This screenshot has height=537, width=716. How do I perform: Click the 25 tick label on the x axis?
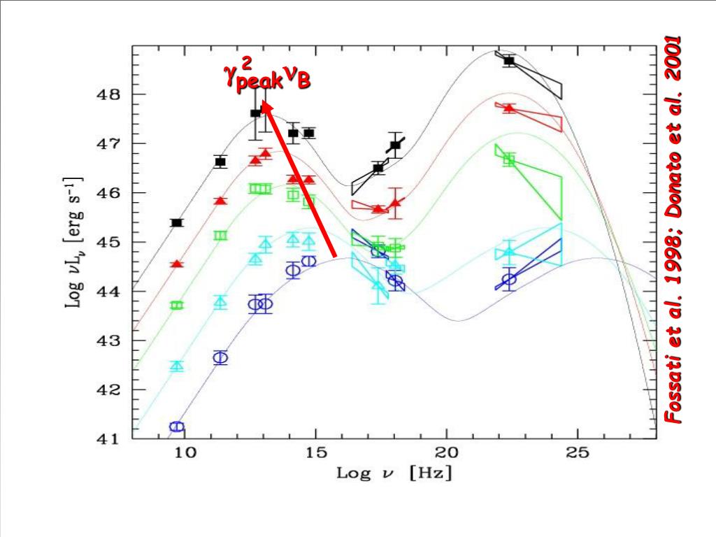point(578,454)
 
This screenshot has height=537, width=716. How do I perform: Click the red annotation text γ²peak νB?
point(266,75)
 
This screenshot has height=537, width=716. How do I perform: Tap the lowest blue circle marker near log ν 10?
point(177,427)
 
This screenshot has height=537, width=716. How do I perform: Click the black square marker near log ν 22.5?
point(509,61)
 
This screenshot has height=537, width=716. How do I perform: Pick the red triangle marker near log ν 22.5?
point(509,108)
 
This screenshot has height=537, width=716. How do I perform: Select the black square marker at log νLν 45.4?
point(177,223)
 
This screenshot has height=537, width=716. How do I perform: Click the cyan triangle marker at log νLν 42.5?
point(177,366)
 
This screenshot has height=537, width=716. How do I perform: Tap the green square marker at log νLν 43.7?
point(177,306)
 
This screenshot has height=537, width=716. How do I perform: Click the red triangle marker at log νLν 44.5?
point(177,264)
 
